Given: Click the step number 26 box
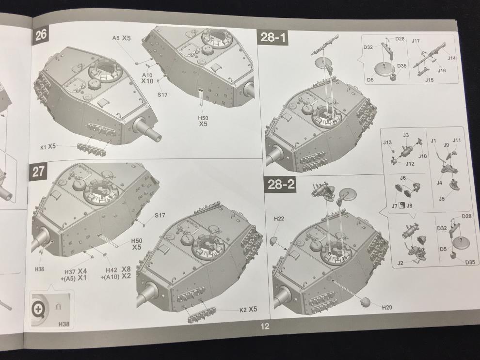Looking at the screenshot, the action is point(40,34).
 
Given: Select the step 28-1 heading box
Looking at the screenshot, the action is point(273,37).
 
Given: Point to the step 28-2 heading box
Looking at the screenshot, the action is point(280,185).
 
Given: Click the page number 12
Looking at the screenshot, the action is point(265,326).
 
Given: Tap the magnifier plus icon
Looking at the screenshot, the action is point(38,309).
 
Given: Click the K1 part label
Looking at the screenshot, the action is point(44,147).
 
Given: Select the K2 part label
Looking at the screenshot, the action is point(243,310).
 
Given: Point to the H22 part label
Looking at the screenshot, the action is point(279,219).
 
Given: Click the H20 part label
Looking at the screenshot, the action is point(386,307).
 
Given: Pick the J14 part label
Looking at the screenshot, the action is point(451,58).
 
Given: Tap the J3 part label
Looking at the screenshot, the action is point(406,135).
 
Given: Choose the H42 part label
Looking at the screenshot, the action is point(112,270).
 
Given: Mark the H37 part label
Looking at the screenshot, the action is point(70,272).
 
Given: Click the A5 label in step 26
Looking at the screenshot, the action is point(116,38).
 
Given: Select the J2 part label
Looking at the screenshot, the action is point(400,263).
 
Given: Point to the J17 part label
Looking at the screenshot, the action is point(416,41).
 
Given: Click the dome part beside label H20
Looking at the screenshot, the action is point(364,302).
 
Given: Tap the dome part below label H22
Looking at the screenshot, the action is point(274,240).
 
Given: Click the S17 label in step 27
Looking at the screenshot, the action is point(160,215).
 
